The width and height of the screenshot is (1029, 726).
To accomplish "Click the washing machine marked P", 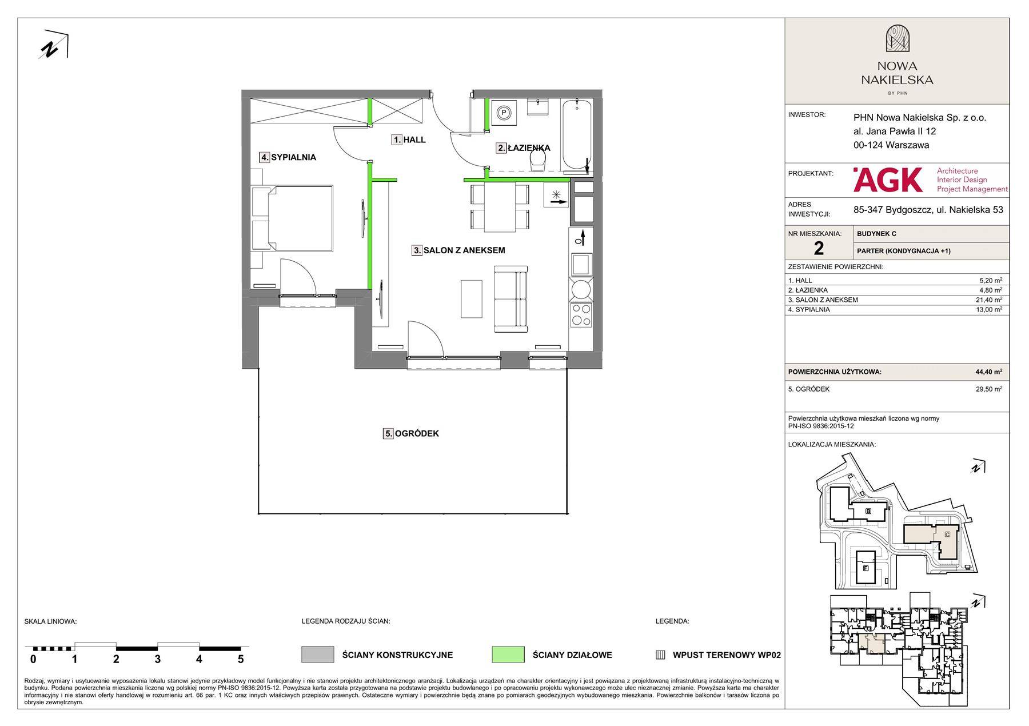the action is pos(504,113).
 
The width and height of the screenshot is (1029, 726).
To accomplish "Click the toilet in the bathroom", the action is pos(538,161).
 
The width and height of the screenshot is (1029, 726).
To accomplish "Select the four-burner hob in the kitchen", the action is pos(581,315).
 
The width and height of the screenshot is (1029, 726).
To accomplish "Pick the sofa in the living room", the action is pos(510,298).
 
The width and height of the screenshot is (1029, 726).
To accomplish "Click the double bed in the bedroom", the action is pos(292,217).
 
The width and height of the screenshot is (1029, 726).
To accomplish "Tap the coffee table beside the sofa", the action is pos(472,298).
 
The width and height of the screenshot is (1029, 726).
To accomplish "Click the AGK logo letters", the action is pos(888,179).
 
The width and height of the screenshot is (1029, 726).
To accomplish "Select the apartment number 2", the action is pos(819,248).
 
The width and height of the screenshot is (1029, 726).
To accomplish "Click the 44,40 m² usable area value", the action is pos(988,372).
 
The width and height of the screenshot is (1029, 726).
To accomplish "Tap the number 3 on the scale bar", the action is pos(158,659).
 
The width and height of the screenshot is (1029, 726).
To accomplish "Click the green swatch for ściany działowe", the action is pos(508,655).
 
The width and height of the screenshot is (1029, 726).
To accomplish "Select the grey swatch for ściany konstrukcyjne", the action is pos(318,655).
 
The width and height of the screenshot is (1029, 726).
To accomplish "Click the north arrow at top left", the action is pos(54,45).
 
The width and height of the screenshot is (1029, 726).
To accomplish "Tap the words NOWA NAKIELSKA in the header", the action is pos(897,73).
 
